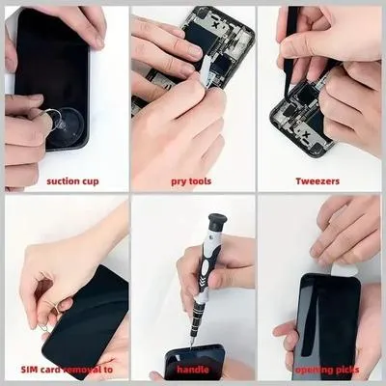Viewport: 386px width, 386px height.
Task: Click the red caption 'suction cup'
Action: point(72,181)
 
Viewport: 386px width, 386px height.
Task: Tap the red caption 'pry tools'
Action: point(191,181)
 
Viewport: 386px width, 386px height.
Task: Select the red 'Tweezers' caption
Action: point(317,181)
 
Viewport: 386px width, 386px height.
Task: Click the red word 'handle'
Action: point(193,370)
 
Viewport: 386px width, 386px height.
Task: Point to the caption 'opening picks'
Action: point(327,370)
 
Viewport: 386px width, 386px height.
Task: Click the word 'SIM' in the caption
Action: point(29,370)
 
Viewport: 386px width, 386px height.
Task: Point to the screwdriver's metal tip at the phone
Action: point(192,342)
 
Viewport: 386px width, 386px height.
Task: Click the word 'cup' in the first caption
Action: point(90,181)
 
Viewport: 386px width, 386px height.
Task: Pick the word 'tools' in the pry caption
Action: point(200,181)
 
